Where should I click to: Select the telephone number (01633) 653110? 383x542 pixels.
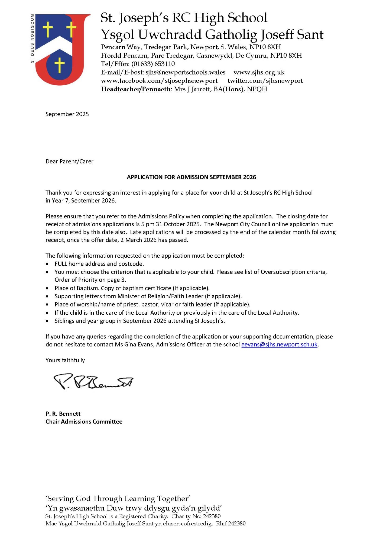pos(153,64)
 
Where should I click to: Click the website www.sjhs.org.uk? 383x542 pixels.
pos(259,72)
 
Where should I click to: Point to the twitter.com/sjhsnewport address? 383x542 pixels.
pos(265,81)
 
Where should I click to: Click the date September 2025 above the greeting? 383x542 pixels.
pos(67,114)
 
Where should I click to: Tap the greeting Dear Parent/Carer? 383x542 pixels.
pos(69,162)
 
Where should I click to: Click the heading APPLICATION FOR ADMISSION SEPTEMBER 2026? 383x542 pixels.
pos(191,177)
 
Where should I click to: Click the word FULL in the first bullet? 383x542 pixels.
pos(61,264)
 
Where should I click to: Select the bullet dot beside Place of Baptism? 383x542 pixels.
pos(48,288)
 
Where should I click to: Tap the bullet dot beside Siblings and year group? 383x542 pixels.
pos(48,321)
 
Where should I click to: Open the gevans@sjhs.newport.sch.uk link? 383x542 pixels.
pos(279,345)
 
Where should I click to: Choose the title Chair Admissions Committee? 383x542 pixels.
pos(84,422)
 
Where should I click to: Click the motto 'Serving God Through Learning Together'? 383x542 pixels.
pos(118,499)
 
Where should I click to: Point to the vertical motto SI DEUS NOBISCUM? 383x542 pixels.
pos(33,38)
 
